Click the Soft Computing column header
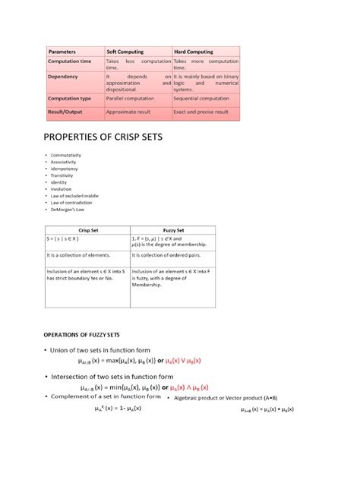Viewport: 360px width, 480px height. coord(125,52)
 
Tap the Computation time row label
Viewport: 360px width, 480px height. coord(70,61)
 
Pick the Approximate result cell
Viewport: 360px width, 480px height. coord(129,112)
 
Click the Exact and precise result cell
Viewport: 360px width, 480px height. coord(201,112)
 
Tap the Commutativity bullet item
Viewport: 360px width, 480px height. coord(66,156)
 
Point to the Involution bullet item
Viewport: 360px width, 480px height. coord(62,189)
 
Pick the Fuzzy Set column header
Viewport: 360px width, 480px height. coord(174,229)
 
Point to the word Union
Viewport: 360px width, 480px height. coord(63,349)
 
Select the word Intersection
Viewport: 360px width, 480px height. coord(77,376)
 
